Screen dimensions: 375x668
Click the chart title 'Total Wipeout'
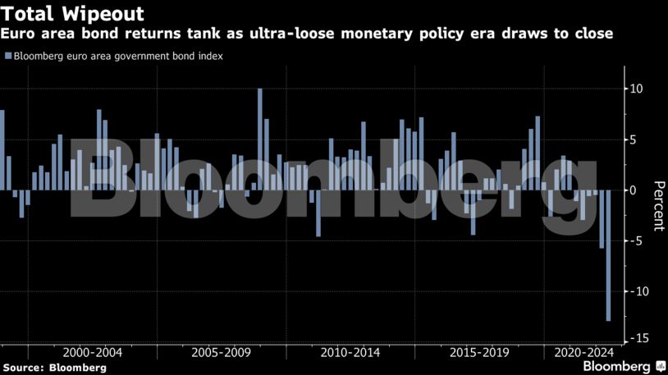click(x=73, y=14)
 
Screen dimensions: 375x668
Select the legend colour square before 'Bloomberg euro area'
click(x=7, y=57)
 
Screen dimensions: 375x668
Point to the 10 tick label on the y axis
click(x=636, y=89)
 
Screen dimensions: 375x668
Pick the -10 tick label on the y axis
click(x=634, y=291)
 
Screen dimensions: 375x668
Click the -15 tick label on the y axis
click(x=634, y=338)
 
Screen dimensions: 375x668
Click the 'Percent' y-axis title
click(x=657, y=205)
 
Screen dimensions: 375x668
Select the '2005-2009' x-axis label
click(x=221, y=352)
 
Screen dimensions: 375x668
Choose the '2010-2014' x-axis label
click(x=350, y=352)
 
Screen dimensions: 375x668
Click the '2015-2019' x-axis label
click(x=480, y=352)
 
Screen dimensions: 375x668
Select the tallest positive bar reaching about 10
click(x=260, y=139)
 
